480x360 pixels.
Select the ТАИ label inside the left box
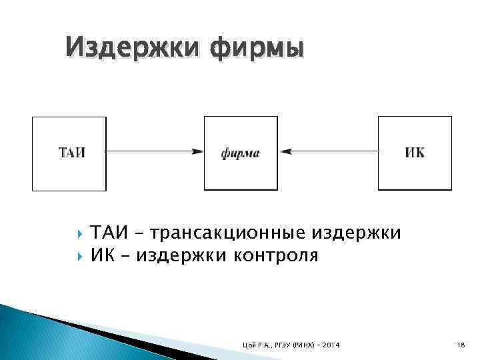[71, 153]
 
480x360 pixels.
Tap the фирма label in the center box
[240, 153]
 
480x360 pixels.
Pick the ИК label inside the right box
[414, 153]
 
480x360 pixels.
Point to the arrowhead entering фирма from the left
[198, 152]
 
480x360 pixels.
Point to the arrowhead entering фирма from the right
[284, 152]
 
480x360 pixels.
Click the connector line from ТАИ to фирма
[150, 152]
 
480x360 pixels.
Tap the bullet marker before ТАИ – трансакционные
[80, 233]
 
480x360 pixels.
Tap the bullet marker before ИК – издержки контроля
[80, 255]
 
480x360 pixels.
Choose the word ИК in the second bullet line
[101, 255]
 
